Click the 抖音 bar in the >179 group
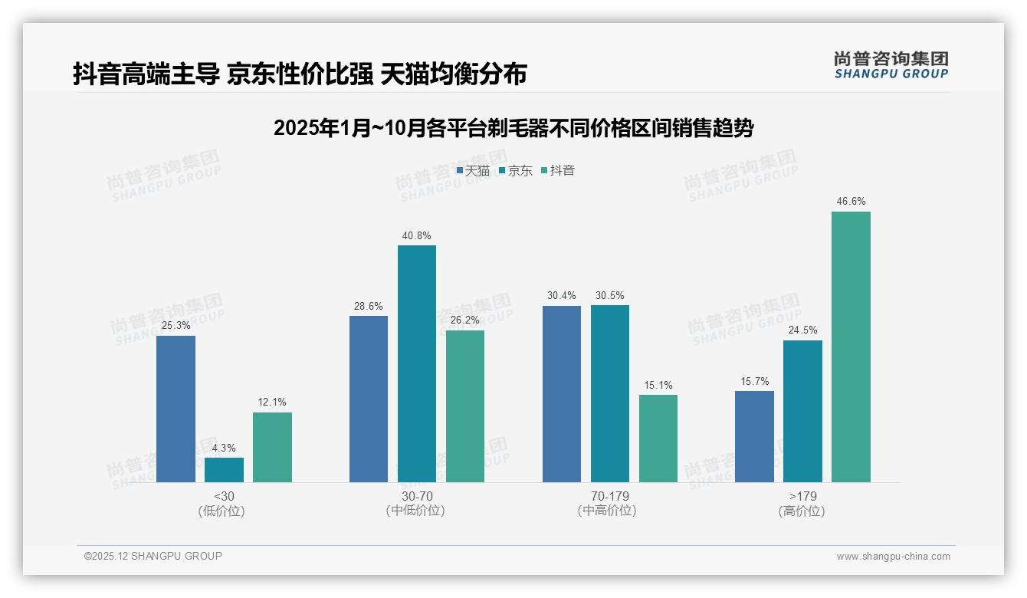[x=851, y=347]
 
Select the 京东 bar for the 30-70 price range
[x=417, y=363]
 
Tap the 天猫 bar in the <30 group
[x=176, y=409]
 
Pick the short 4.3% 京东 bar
[x=224, y=470]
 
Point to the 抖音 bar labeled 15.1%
[x=658, y=439]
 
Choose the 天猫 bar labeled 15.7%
[x=754, y=436]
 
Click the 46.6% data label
[x=851, y=202]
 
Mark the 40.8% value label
[x=417, y=235]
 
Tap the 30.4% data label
[x=561, y=295]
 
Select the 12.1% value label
[x=272, y=402]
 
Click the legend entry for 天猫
[x=473, y=171]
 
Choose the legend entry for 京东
[x=515, y=171]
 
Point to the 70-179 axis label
[x=610, y=496]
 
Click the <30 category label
[x=224, y=496]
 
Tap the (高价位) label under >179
[x=802, y=511]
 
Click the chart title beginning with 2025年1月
[x=513, y=128]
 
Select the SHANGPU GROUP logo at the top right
[x=891, y=64]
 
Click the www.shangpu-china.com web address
[x=893, y=557]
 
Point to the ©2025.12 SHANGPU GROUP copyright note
[x=153, y=556]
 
